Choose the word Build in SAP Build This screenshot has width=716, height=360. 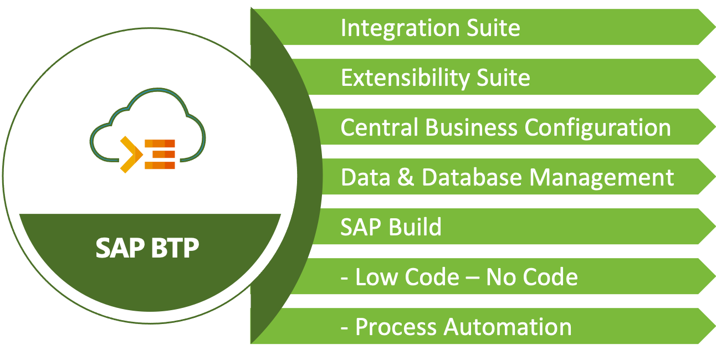tap(416, 227)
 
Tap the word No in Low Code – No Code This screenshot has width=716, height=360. tap(502, 277)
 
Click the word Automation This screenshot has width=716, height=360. tap(508, 327)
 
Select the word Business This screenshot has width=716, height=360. tap(471, 128)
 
